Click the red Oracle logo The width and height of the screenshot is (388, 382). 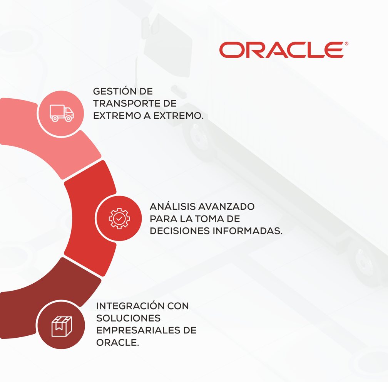[281, 50]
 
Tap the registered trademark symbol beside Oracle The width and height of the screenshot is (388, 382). [346, 44]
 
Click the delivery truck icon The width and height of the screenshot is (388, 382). [62, 113]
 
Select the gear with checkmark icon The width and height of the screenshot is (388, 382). [119, 219]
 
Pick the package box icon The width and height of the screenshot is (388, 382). [62, 326]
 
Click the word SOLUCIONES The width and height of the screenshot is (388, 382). [128, 318]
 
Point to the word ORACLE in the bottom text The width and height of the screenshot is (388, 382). [117, 343]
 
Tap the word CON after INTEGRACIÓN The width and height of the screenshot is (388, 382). [178, 306]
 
